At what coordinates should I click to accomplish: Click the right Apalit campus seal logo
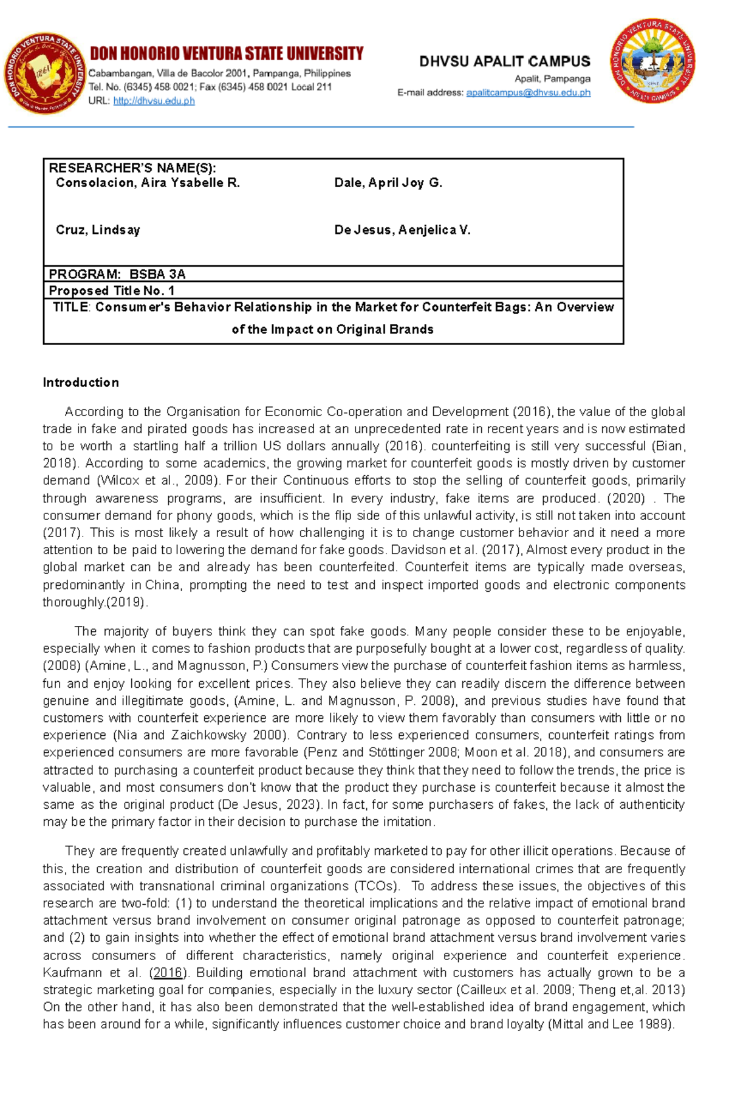pos(652,61)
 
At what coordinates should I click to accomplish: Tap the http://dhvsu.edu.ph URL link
pos(154,101)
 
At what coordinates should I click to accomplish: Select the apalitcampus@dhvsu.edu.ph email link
pos(528,93)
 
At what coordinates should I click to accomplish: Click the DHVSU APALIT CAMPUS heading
pos(504,61)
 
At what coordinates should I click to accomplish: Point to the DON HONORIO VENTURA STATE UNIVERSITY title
pos(227,54)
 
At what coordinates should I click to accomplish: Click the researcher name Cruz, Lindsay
pos(98,230)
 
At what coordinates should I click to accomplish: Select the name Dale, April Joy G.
pos(388,182)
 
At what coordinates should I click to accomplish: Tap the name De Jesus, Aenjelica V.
pos(402,230)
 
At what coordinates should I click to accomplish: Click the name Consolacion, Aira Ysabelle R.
pos(148,182)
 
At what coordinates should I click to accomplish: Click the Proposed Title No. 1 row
pos(112,290)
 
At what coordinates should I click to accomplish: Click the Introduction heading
pos(81,382)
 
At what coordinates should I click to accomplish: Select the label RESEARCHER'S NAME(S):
pos(132,168)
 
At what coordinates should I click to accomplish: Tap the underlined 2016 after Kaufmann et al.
pos(168,972)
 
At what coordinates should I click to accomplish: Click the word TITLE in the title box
pos(70,307)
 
